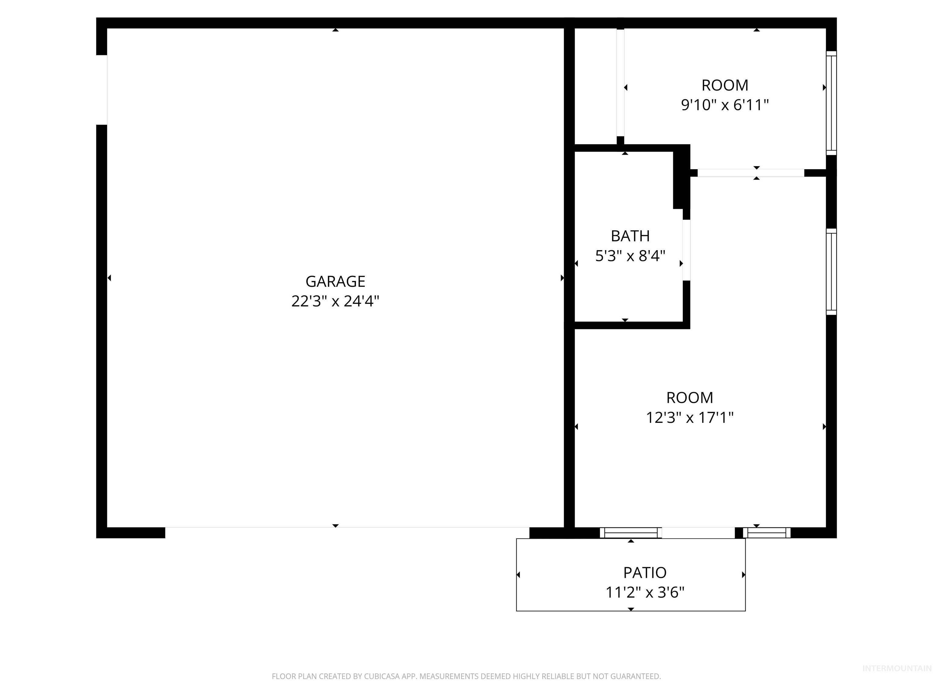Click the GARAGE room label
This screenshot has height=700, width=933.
point(335,281)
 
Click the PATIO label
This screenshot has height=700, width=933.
point(644,573)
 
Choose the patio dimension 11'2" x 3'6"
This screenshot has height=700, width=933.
point(644,592)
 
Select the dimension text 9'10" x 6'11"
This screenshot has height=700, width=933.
point(725,105)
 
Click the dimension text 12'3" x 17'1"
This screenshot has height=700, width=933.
point(690,418)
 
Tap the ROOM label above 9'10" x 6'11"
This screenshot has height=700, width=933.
point(725,85)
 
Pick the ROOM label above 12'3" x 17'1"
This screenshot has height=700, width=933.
point(690,397)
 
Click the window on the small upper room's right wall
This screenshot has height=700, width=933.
point(831,103)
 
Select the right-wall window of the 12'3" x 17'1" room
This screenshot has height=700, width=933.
point(831,272)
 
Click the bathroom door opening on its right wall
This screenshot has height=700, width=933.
point(686,250)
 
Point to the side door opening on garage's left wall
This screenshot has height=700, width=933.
point(102,90)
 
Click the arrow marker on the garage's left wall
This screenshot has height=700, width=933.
point(109,278)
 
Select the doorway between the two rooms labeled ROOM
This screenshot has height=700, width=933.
point(750,173)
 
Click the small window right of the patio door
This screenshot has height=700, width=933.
point(766,533)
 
